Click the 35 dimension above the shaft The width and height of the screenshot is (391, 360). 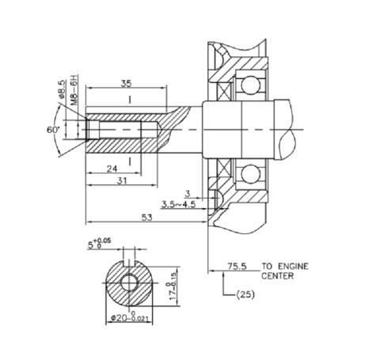[x=127, y=82]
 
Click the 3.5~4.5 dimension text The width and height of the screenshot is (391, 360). [x=178, y=203]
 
